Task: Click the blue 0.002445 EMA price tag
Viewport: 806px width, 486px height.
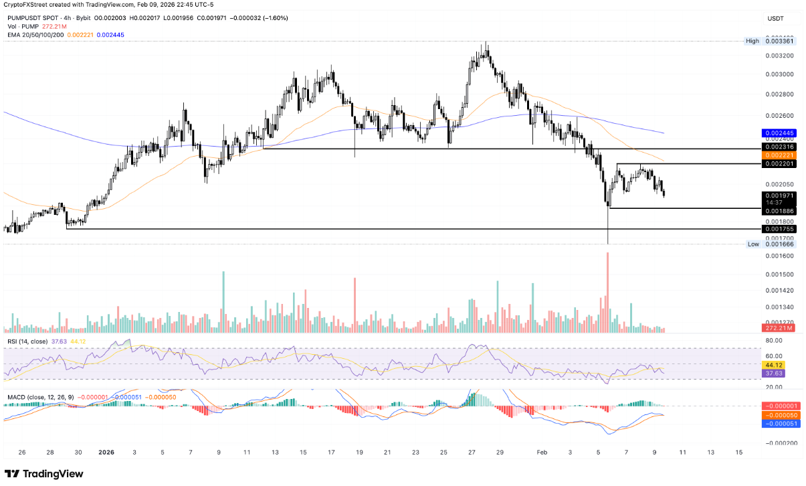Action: pos(777,134)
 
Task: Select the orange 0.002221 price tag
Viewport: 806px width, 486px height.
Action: pos(777,155)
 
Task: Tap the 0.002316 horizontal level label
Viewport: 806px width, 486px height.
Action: pos(777,147)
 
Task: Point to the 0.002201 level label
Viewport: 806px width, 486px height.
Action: pos(777,164)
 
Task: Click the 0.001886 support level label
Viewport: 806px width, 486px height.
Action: pos(777,211)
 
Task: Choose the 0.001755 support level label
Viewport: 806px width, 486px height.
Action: pos(777,229)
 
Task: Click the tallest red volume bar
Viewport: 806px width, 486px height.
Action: pos(608,292)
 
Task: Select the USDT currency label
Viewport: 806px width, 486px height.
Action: pos(776,19)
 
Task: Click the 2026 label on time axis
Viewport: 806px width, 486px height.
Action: pos(106,452)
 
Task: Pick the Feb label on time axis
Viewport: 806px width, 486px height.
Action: pos(542,452)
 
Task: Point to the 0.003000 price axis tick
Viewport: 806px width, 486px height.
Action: pos(777,74)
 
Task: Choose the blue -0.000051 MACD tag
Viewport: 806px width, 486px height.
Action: pos(777,424)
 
